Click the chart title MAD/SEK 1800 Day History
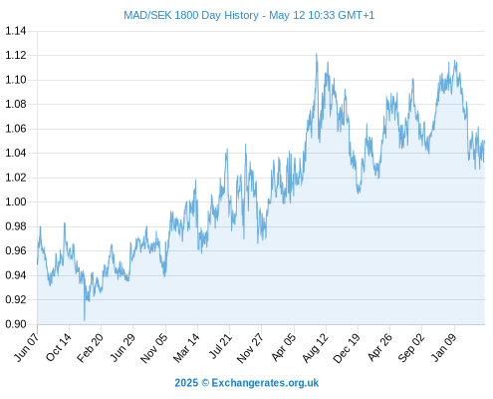[191, 15]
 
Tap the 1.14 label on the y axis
[16, 31]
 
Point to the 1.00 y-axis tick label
[16, 201]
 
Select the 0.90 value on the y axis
[16, 324]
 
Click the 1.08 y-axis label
[16, 104]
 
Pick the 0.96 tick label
[16, 250]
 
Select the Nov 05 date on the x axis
[154, 347]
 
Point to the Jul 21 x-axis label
[219, 346]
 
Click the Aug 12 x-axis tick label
[315, 347]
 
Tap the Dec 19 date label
[347, 347]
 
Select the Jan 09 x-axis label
[443, 347]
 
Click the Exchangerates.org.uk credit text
[265, 383]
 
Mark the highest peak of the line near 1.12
[317, 54]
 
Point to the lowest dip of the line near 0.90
[85, 320]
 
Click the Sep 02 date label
[410, 347]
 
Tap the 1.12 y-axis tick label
[16, 55]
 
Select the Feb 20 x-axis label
[90, 347]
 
